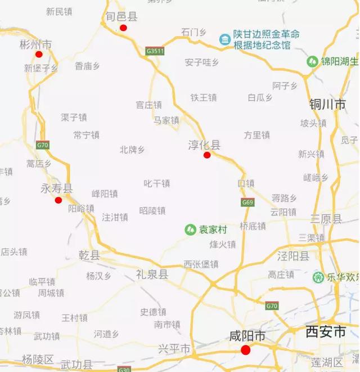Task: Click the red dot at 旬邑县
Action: (x=123, y=28)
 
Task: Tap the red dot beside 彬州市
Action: (x=39, y=54)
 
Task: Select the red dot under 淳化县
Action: (x=207, y=155)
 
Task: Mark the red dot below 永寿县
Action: (x=58, y=200)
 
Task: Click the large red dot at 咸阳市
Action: (x=245, y=350)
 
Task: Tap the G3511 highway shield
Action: (x=155, y=51)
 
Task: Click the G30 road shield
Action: (x=124, y=369)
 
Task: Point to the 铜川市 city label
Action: (x=328, y=105)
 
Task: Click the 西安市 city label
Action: (x=326, y=332)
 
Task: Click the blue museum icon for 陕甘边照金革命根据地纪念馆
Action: (x=224, y=39)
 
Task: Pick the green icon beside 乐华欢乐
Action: (x=318, y=277)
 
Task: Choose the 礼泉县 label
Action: (x=152, y=274)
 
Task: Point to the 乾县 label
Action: (x=89, y=256)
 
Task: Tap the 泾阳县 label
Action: (x=293, y=256)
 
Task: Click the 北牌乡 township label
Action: (x=132, y=150)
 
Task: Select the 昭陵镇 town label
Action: (x=152, y=210)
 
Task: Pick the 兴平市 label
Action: (x=174, y=349)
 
